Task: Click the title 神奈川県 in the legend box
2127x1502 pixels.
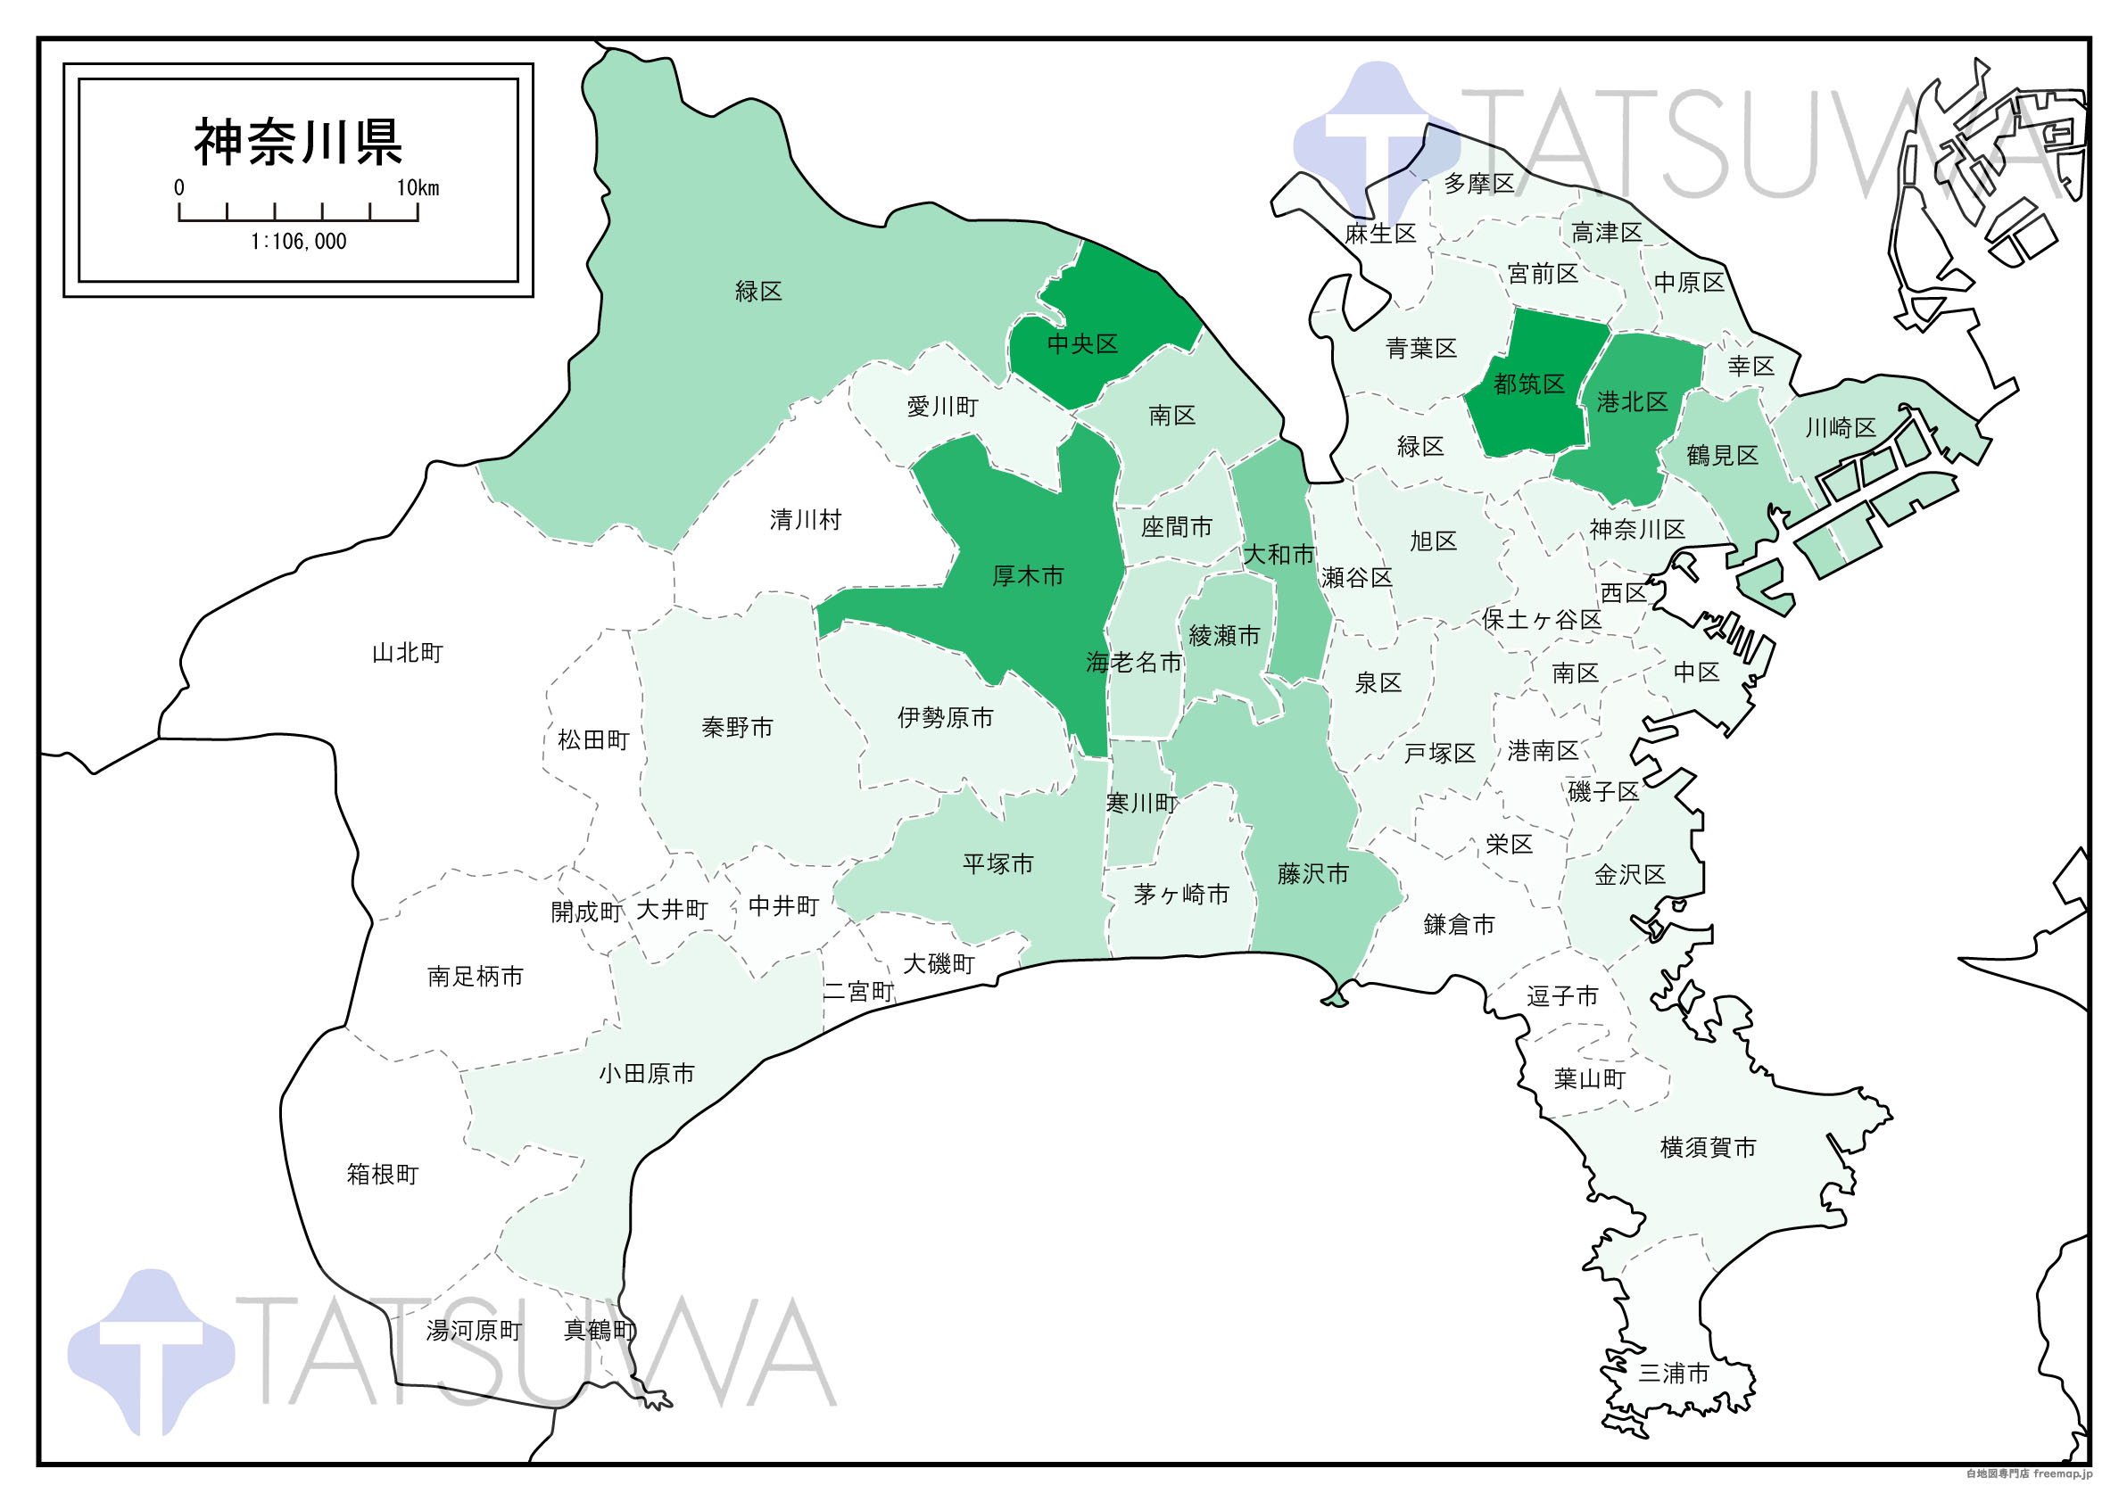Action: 297,143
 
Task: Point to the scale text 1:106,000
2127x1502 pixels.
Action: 298,243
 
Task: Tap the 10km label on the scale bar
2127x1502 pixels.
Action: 418,188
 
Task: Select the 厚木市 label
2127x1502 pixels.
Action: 1028,576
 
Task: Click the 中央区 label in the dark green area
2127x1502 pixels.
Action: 1082,344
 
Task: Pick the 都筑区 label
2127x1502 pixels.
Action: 1528,384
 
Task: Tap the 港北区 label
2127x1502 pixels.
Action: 1633,402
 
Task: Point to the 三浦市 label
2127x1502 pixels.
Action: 1673,1374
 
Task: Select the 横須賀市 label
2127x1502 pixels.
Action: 1708,1148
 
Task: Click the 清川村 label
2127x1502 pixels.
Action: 805,520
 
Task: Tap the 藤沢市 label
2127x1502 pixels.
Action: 1312,874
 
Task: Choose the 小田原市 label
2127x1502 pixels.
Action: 647,1074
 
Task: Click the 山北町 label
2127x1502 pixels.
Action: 408,654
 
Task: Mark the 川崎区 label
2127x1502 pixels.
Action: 1841,428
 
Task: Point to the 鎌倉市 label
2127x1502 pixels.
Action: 1459,925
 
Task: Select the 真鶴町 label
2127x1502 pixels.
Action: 600,1331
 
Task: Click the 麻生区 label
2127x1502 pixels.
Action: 1380,235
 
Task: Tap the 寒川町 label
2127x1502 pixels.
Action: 1141,804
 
